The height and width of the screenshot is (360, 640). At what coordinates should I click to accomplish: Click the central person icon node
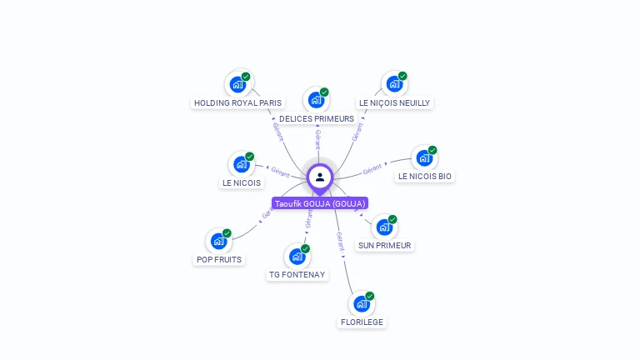pos(320,177)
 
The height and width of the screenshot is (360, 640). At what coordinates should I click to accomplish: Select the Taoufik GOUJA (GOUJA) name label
pos(320,203)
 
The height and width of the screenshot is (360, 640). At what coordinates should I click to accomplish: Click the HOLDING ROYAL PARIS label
pos(237,103)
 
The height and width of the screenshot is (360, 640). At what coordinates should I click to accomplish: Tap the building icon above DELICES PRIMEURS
pos(315,100)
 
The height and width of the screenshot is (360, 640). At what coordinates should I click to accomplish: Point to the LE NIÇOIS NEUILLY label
pos(394,103)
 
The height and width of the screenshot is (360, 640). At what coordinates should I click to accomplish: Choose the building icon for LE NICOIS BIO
pos(423,157)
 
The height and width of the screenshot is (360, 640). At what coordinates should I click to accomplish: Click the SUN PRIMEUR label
pos(384,246)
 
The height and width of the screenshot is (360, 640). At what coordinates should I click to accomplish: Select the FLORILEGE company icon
pos(361,303)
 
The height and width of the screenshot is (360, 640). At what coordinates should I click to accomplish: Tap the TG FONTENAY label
pos(297,275)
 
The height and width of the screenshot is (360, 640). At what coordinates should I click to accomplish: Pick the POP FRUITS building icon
pos(218,241)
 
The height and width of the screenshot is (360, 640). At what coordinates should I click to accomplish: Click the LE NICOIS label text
pos(241,183)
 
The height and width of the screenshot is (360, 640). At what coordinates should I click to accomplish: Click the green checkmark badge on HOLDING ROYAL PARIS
pos(247,77)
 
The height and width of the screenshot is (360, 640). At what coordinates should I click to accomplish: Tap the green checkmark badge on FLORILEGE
pos(370,296)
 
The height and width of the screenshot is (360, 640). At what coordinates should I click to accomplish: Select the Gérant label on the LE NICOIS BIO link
pos(372,169)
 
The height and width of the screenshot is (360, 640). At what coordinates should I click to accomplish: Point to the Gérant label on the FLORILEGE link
pos(340,242)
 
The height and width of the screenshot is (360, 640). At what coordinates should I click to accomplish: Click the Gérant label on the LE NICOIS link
pos(280,172)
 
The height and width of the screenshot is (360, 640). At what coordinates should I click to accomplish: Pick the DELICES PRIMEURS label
pos(317,119)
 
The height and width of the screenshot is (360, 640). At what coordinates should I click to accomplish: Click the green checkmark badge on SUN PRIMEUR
pos(392,219)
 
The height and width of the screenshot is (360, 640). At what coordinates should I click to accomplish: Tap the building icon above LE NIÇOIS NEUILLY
pos(393,83)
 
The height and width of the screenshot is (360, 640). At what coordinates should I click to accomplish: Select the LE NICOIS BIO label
pos(425,177)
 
